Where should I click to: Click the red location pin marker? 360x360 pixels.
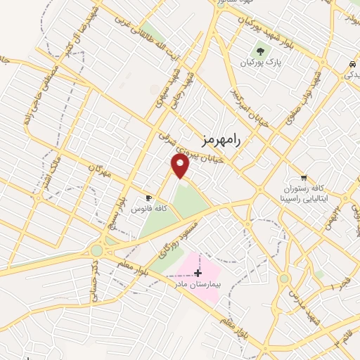pyautogui.click(x=181, y=166)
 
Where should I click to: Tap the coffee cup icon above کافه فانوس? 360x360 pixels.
pyautogui.click(x=148, y=198)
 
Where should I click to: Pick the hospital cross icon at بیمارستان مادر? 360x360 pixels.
pyautogui.click(x=198, y=273)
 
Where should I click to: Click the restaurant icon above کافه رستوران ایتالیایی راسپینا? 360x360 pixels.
pyautogui.click(x=304, y=178)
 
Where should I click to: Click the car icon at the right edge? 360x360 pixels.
pyautogui.click(x=352, y=65)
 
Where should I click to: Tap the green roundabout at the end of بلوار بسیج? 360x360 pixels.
pyautogui.click(x=96, y=250)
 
